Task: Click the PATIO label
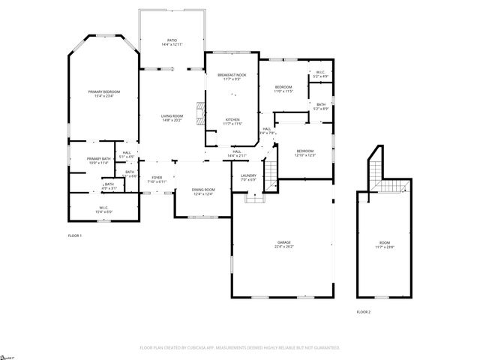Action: pyautogui.click(x=172, y=41)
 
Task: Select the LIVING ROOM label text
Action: pyautogui.click(x=172, y=115)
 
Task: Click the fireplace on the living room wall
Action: pyautogui.click(x=199, y=113)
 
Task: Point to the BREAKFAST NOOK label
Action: pyautogui.click(x=232, y=75)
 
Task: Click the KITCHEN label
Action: pyautogui.click(x=233, y=119)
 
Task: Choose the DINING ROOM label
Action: pyautogui.click(x=203, y=190)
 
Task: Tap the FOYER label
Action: pyautogui.click(x=155, y=178)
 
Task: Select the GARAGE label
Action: pyautogui.click(x=284, y=242)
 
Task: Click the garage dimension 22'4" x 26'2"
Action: pyautogui.click(x=284, y=247)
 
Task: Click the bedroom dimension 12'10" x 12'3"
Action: pyautogui.click(x=304, y=155)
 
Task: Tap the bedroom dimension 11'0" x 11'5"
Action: pyautogui.click(x=283, y=91)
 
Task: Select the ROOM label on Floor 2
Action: pyautogui.click(x=385, y=242)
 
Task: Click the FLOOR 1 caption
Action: pyautogui.click(x=74, y=235)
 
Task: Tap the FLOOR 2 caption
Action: pyautogui.click(x=363, y=311)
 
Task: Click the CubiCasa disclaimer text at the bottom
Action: pyautogui.click(x=240, y=348)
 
